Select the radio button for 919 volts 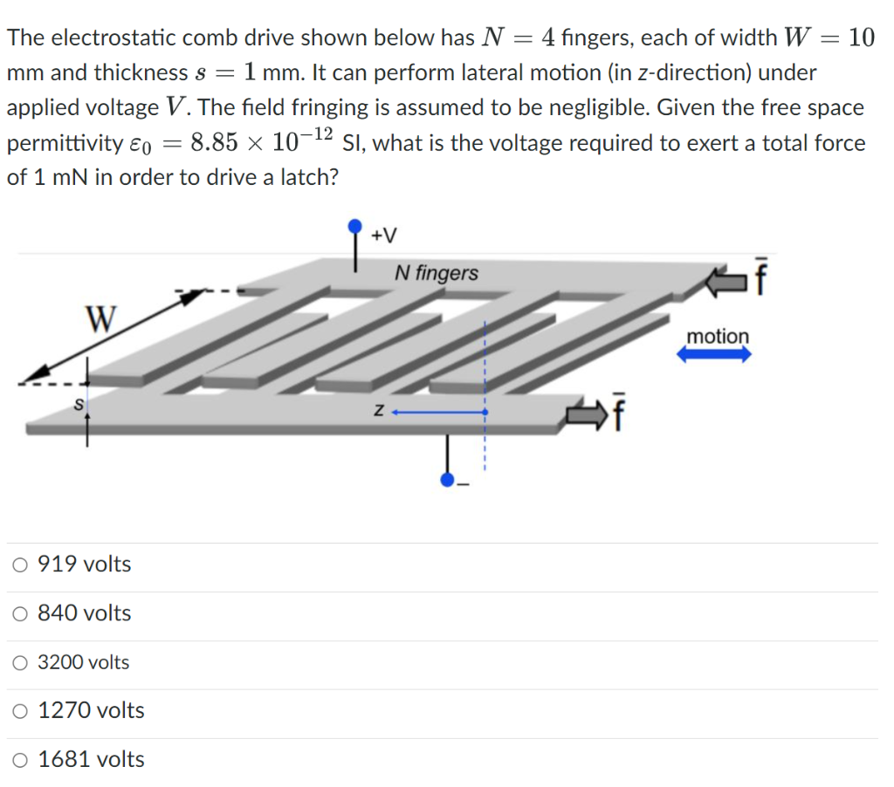click(x=20, y=565)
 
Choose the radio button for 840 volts click(x=20, y=614)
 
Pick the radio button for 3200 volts click(x=20, y=663)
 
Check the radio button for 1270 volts click(x=20, y=711)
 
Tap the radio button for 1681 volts click(x=20, y=760)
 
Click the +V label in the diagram click(x=383, y=236)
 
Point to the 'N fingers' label click(x=436, y=273)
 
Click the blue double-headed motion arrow click(x=714, y=355)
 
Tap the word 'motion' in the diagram click(x=717, y=336)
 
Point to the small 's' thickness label click(x=78, y=405)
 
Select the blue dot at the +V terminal click(x=354, y=227)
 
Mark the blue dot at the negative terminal click(x=447, y=479)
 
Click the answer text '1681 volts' click(x=92, y=760)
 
